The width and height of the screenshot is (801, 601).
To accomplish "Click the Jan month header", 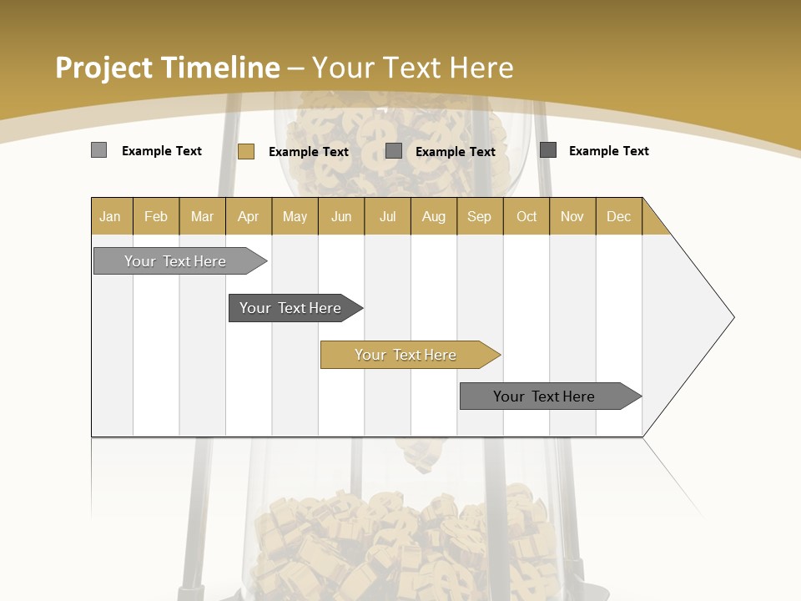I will [110, 216].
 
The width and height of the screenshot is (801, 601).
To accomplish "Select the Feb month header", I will [156, 216].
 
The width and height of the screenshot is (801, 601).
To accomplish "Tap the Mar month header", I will [202, 216].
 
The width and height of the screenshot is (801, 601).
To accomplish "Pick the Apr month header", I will [249, 216].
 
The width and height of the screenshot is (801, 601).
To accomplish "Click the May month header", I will [295, 216].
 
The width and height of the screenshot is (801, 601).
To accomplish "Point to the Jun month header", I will [341, 216].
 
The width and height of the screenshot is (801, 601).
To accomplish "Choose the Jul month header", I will [387, 216].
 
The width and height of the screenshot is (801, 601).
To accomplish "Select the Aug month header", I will [434, 216].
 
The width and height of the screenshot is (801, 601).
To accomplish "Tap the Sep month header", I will [480, 216].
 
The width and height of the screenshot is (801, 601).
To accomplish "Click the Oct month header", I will [526, 216].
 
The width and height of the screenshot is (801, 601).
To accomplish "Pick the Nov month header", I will [572, 216].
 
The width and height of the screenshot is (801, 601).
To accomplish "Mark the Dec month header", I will [619, 216].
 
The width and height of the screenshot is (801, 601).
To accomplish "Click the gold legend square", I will [246, 151].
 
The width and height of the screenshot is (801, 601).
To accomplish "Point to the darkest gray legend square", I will [548, 150].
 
